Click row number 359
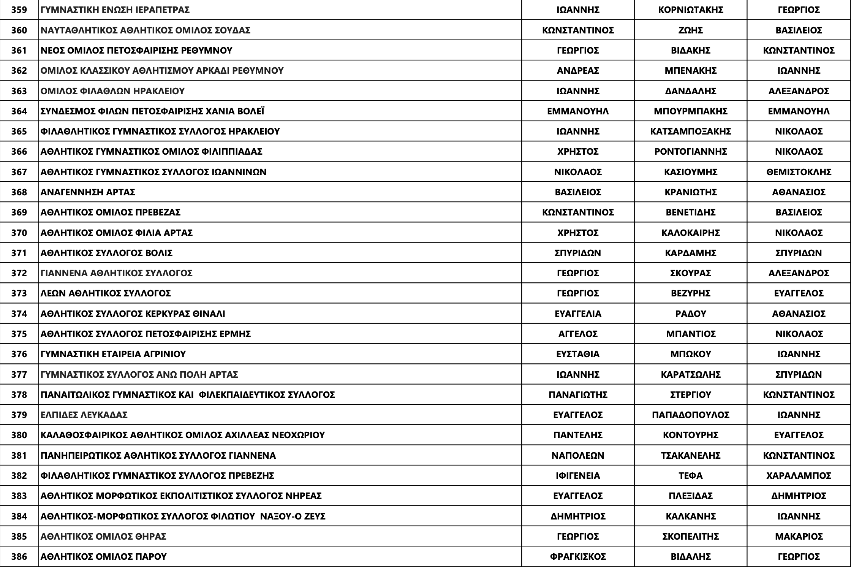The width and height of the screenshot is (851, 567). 19,10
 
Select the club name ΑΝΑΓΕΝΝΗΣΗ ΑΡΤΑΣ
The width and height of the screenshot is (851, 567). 88,192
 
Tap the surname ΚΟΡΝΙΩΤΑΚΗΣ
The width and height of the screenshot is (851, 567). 690,10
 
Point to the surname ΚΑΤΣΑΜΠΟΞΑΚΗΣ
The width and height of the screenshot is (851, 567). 690,131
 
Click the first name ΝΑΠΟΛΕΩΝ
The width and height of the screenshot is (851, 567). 577,455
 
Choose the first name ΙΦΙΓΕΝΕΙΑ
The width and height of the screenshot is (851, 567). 577,475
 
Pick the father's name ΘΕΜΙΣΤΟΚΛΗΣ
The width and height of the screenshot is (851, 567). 799,172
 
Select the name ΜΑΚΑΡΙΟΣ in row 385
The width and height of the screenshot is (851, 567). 799,536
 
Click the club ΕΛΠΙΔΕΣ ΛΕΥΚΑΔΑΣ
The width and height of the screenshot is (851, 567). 84,415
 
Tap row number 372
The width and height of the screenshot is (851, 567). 19,273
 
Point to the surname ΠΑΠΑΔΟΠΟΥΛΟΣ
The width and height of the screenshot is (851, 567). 690,415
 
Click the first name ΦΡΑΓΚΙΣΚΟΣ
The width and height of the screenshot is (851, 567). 577,556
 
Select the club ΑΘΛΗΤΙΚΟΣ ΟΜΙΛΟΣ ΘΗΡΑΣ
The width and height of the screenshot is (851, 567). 103,536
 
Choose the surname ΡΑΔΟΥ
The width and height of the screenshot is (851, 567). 690,314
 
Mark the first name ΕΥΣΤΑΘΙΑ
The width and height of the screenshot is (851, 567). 577,354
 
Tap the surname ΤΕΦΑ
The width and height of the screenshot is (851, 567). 690,475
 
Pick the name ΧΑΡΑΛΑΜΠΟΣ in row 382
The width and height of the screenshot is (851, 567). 799,475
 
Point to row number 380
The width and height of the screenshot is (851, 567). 19,435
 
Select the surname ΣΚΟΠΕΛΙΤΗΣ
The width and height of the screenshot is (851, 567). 690,536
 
